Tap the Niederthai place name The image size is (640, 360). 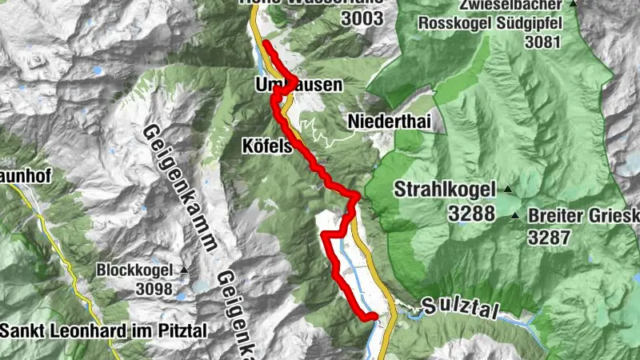383,122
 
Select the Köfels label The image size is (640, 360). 267,146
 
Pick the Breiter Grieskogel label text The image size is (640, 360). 584,217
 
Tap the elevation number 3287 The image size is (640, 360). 554,237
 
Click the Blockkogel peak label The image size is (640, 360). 137,270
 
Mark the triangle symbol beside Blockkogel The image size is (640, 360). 184,270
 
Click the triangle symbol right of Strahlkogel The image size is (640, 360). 506,190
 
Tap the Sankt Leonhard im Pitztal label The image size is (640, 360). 103,329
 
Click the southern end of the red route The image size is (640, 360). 372,317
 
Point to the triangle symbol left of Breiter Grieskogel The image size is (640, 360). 518,216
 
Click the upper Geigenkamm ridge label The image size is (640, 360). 181,188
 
